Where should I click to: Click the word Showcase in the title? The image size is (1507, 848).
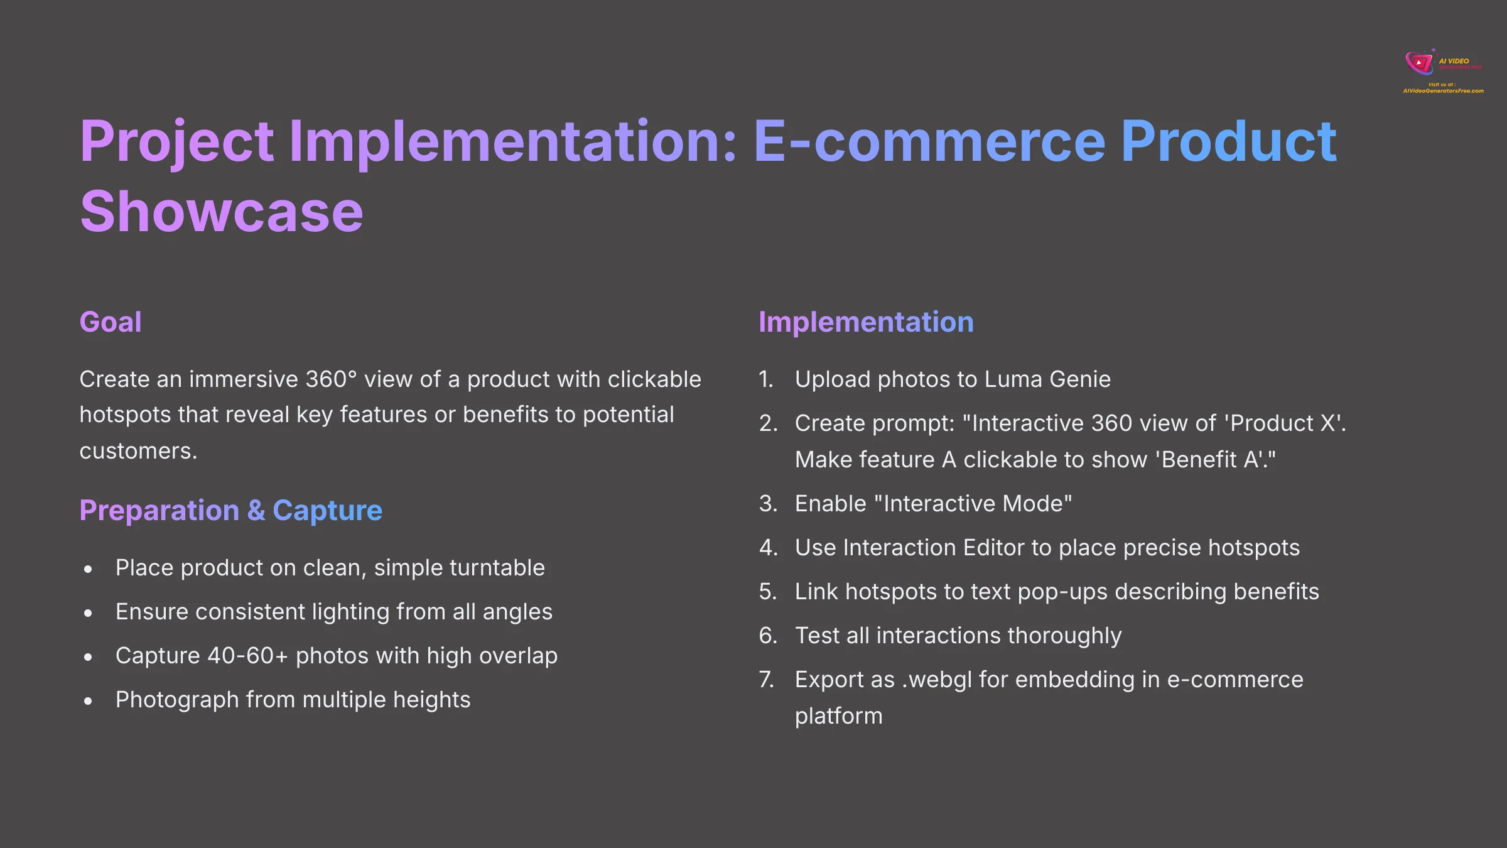[221, 212]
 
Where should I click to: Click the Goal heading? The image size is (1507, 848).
[111, 322]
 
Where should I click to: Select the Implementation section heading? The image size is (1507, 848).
[866, 322]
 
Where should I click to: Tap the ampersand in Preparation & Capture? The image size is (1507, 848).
[256, 511]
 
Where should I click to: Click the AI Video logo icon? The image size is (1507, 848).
[1419, 63]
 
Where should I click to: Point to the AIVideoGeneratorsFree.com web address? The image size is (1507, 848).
[1443, 91]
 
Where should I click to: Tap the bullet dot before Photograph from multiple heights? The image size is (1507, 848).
[89, 701]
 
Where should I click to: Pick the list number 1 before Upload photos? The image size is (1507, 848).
[765, 379]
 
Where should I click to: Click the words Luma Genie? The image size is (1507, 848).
[1047, 379]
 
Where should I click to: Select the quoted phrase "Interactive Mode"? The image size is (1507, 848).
[973, 504]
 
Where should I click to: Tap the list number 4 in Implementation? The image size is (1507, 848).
[768, 548]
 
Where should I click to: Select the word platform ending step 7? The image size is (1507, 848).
[838, 716]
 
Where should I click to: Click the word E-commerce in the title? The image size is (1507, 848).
[929, 141]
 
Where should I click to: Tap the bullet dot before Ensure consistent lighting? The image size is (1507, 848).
[89, 613]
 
